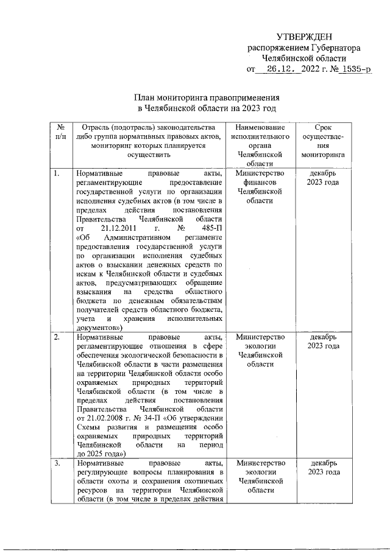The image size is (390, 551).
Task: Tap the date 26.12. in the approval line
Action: pyautogui.click(x=280, y=69)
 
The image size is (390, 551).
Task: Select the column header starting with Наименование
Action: pyautogui.click(x=260, y=127)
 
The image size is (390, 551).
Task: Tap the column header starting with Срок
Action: pyautogui.click(x=322, y=127)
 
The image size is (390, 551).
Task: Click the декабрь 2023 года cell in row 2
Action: pyautogui.click(x=322, y=342)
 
